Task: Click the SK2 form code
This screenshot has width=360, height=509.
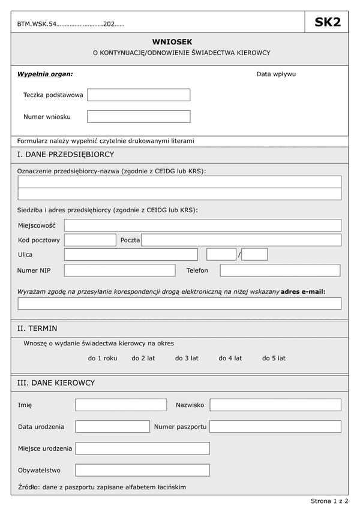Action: point(328,23)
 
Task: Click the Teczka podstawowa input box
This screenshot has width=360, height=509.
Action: point(139,95)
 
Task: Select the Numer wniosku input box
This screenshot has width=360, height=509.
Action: point(139,116)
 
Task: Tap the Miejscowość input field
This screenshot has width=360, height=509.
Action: point(203,225)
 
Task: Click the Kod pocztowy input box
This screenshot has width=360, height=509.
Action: point(90,240)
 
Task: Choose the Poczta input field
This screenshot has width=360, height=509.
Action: point(241,240)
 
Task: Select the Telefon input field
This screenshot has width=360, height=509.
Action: point(280,270)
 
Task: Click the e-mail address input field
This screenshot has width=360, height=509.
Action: point(179,303)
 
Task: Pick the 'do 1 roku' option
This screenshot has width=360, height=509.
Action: point(103,358)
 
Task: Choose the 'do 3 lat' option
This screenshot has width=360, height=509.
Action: point(187,358)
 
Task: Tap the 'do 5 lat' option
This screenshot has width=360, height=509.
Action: point(274,358)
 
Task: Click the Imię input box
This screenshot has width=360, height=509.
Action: point(121,405)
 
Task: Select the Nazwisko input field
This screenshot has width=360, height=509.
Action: point(275,405)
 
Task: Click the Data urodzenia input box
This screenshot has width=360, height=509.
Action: point(112,426)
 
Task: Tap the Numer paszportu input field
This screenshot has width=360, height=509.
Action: point(275,426)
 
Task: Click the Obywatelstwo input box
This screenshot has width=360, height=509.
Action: point(143,470)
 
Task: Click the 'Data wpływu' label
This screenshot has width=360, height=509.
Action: point(276,74)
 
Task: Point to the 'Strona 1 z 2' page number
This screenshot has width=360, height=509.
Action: point(329,500)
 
